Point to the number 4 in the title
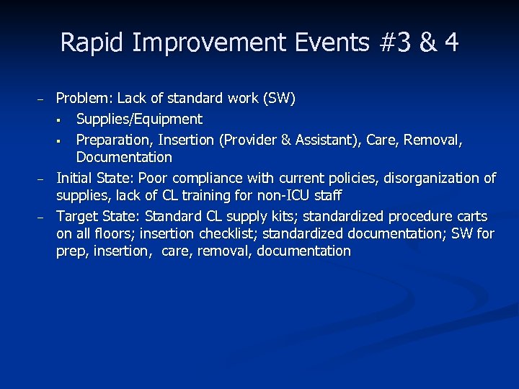(x=451, y=43)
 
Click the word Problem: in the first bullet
(x=84, y=98)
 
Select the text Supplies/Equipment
(x=139, y=119)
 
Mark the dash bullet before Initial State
(x=41, y=179)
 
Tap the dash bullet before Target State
(x=41, y=217)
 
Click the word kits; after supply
(x=285, y=216)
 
